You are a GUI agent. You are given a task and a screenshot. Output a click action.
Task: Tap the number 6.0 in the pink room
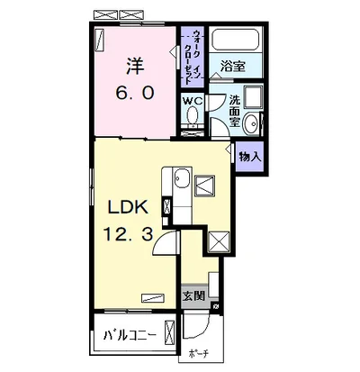(x=135, y=93)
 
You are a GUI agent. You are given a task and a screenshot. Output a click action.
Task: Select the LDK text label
(x=129, y=207)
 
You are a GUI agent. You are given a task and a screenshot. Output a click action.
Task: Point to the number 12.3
(x=129, y=234)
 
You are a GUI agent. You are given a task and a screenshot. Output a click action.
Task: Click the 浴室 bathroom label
(x=233, y=67)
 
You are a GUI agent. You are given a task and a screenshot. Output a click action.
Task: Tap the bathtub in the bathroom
(x=236, y=40)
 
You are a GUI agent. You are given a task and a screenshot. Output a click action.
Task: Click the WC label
(x=193, y=101)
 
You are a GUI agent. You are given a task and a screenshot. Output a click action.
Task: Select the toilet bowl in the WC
(x=193, y=115)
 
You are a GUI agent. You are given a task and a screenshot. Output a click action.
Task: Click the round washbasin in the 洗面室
(x=251, y=123)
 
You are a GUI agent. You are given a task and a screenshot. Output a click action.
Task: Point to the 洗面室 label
(x=234, y=111)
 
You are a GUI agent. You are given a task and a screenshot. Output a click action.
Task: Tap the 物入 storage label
(x=249, y=157)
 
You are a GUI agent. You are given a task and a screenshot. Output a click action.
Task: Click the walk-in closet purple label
(x=193, y=58)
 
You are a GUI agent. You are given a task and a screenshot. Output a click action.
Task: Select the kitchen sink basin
(x=183, y=177)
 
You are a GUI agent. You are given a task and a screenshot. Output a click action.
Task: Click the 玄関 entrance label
(x=193, y=296)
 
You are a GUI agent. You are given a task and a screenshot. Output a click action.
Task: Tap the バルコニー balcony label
(x=130, y=335)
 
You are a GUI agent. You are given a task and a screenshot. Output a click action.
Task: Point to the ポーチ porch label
(x=199, y=354)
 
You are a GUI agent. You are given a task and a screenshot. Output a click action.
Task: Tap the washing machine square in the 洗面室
(x=254, y=96)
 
